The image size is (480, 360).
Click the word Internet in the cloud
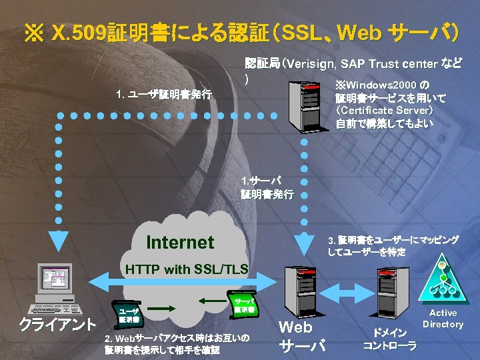pyautogui.click(x=180, y=242)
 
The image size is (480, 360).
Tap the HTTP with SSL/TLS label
pyautogui.click(x=187, y=269)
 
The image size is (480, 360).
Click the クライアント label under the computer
pyautogui.click(x=57, y=326)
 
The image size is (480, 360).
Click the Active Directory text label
pyautogui.click(x=443, y=319)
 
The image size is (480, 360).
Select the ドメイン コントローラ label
pyautogui.click(x=389, y=339)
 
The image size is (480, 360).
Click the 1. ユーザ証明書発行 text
pyautogui.click(x=163, y=95)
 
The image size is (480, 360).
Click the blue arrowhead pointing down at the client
pyautogui.click(x=59, y=237)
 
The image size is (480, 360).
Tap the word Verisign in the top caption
pyautogui.click(x=311, y=65)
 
